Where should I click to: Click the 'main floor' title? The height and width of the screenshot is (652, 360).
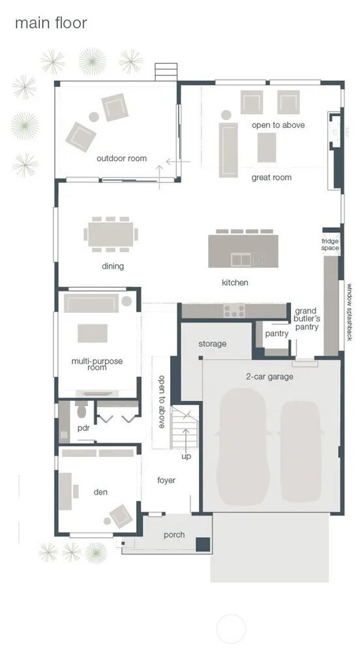click(x=51, y=23)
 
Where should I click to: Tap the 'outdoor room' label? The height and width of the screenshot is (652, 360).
click(x=121, y=158)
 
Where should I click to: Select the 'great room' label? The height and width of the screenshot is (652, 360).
click(x=271, y=177)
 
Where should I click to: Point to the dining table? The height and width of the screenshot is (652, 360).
click(x=111, y=235)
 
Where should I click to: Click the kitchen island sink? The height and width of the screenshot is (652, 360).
click(x=241, y=259)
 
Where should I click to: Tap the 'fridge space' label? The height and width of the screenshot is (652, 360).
click(x=330, y=244)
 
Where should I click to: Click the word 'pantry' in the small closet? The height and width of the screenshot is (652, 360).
click(x=277, y=333)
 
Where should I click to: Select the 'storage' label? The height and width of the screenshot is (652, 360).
click(x=213, y=344)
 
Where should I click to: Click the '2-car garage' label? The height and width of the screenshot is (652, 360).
click(x=270, y=377)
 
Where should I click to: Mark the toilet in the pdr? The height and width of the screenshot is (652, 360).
click(x=81, y=409)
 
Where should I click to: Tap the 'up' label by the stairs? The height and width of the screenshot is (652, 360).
click(x=187, y=456)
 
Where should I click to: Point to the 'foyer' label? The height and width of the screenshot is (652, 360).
click(x=166, y=481)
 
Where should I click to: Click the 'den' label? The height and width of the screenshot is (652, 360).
click(x=100, y=492)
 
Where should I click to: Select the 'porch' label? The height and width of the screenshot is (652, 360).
click(x=174, y=535)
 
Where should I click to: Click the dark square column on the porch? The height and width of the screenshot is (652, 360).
click(x=203, y=544)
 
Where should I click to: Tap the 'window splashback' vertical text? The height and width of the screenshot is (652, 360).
click(x=350, y=312)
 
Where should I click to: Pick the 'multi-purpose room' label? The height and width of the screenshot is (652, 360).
click(x=97, y=364)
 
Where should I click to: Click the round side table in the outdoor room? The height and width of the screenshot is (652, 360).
click(x=94, y=117)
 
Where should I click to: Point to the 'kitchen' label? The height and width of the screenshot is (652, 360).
click(x=235, y=283)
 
